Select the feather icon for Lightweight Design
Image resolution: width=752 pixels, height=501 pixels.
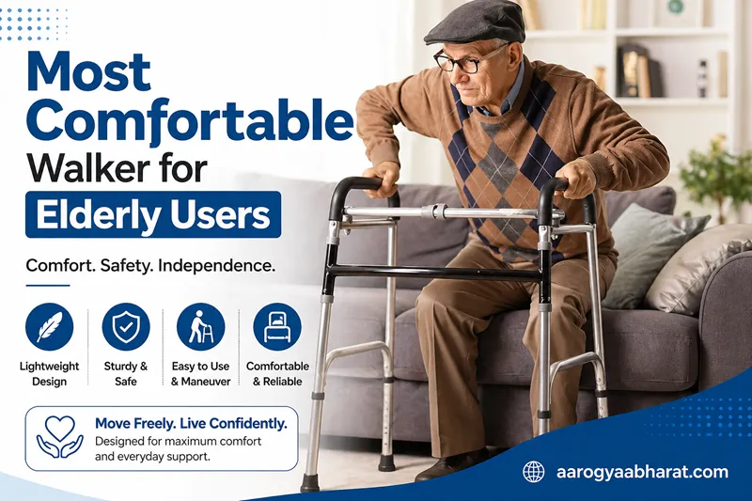pyautogui.click(x=49, y=327)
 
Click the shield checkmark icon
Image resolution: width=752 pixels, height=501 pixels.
pyautogui.click(x=125, y=327)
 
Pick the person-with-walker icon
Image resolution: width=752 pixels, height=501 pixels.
pyautogui.click(x=200, y=327)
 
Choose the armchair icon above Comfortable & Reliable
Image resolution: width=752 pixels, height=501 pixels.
pyautogui.click(x=277, y=327)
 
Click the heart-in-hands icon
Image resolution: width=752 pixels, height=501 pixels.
pyautogui.click(x=59, y=438)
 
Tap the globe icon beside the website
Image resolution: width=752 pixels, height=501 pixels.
pyautogui.click(x=534, y=472)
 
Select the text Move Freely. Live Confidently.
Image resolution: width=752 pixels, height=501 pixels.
pyautogui.click(x=191, y=424)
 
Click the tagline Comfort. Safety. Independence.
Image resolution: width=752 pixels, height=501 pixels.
pyautogui.click(x=150, y=266)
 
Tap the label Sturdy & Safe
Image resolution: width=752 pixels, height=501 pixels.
pyautogui.click(x=125, y=373)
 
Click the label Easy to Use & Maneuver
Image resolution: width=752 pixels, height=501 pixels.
pyautogui.click(x=200, y=373)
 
